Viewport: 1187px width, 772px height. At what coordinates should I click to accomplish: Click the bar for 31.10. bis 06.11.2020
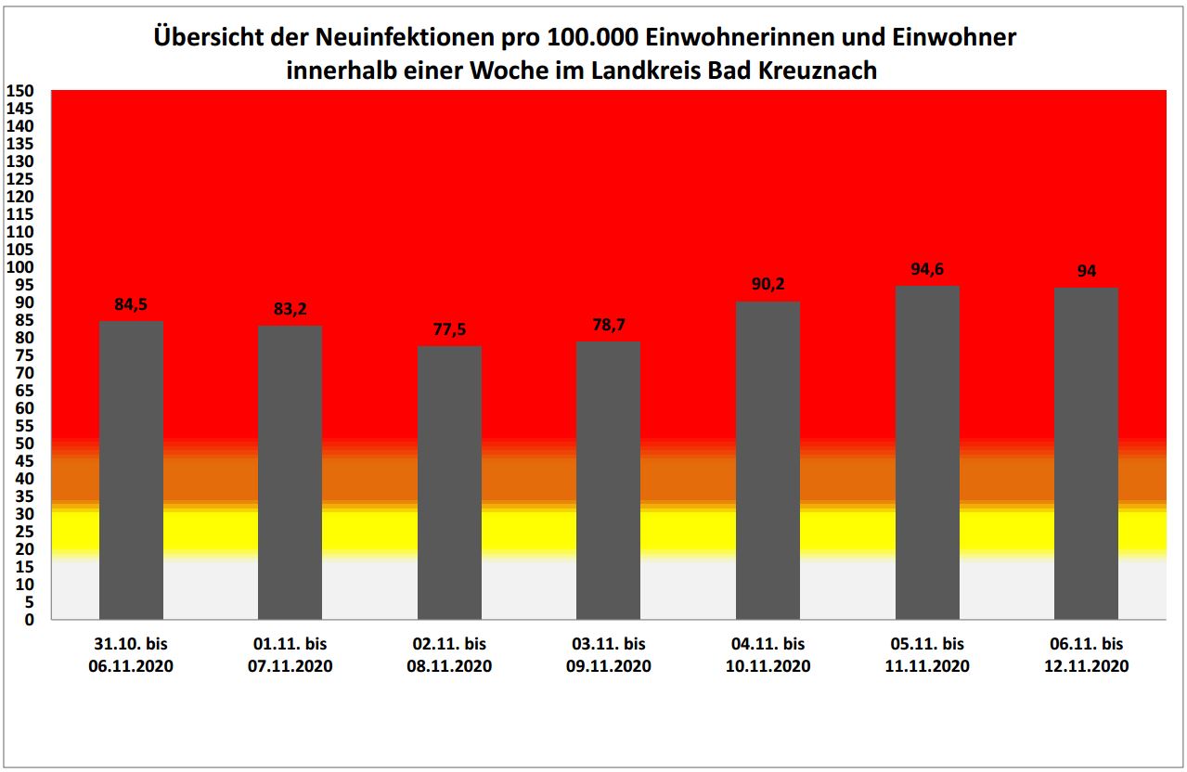(131, 470)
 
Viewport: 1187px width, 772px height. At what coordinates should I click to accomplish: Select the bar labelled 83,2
(290, 472)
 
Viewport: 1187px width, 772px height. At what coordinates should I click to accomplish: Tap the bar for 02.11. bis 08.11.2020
(449, 482)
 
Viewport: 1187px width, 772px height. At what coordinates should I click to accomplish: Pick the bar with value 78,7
(608, 481)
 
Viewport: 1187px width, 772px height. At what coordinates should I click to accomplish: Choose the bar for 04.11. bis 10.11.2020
(768, 460)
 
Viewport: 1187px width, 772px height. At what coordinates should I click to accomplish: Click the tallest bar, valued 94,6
(927, 453)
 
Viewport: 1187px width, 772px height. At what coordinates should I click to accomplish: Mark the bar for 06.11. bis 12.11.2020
(1087, 454)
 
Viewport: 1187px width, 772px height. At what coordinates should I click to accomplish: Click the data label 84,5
(131, 304)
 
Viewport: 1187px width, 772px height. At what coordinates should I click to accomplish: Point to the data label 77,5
(449, 329)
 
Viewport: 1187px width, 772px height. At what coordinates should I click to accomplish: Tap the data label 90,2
(768, 285)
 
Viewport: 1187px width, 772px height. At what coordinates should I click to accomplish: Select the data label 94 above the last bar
(1087, 271)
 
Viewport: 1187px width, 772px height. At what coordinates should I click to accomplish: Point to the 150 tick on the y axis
(20, 91)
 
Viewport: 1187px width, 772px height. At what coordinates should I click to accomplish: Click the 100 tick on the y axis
(20, 267)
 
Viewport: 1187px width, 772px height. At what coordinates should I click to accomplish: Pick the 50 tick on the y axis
(24, 444)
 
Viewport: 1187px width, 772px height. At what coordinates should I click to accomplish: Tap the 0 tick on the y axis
(29, 620)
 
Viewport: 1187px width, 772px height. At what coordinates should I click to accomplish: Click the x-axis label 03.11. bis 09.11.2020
(608, 655)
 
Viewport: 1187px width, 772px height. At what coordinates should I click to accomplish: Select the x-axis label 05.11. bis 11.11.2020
(927, 655)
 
